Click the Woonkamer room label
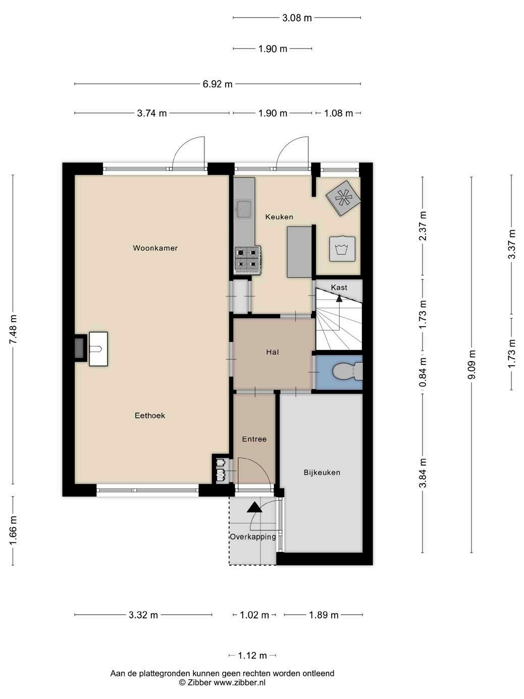pos(155,248)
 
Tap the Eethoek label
pos(150,416)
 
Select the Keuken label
pos(279,217)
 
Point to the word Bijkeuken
pos(322,473)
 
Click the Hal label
pos(272,352)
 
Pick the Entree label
pos(254,439)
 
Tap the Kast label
pos(339,287)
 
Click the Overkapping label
pos(253,537)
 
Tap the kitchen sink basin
pos(244,209)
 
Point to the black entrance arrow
pos(254,507)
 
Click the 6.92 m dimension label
pos(218,84)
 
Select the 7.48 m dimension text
pos(13,329)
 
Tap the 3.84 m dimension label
pos(423,473)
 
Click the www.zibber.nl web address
pos(239,682)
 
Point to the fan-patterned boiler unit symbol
pos(344,198)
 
